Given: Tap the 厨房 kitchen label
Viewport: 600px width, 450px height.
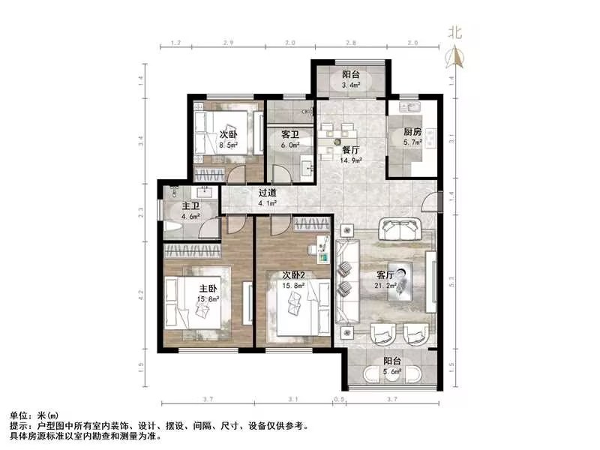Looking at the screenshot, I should click(412, 133).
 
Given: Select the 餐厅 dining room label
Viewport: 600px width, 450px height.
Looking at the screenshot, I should click(351, 149).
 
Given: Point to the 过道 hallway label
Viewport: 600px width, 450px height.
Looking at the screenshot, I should click(267, 192).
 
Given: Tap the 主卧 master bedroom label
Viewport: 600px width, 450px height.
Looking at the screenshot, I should click(208, 289).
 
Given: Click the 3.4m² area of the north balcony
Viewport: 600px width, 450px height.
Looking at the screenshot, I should click(351, 85).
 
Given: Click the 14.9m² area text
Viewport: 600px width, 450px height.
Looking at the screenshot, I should click(351, 159).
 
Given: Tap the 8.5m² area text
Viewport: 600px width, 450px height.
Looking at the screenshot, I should click(229, 145).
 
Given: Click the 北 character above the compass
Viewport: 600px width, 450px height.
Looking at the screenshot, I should click(454, 32).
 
